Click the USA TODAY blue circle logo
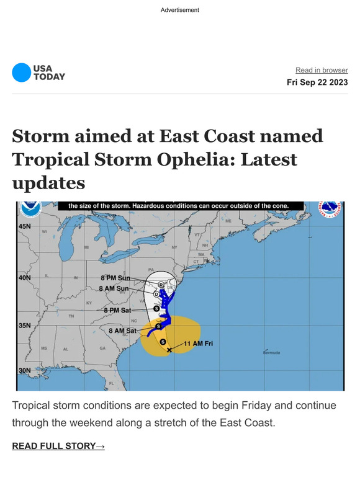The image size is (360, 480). (21, 73)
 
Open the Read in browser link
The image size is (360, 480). (322, 70)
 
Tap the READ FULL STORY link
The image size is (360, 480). (58, 446)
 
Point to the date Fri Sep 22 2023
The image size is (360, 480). (317, 82)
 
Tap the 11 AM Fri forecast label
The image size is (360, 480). (198, 342)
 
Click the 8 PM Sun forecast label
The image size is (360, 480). (115, 278)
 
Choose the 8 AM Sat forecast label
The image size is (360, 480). (122, 331)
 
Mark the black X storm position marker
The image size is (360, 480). (169, 350)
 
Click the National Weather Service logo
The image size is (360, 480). (329, 210)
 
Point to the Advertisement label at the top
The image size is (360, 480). (180, 10)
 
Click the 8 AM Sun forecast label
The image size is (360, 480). (114, 288)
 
